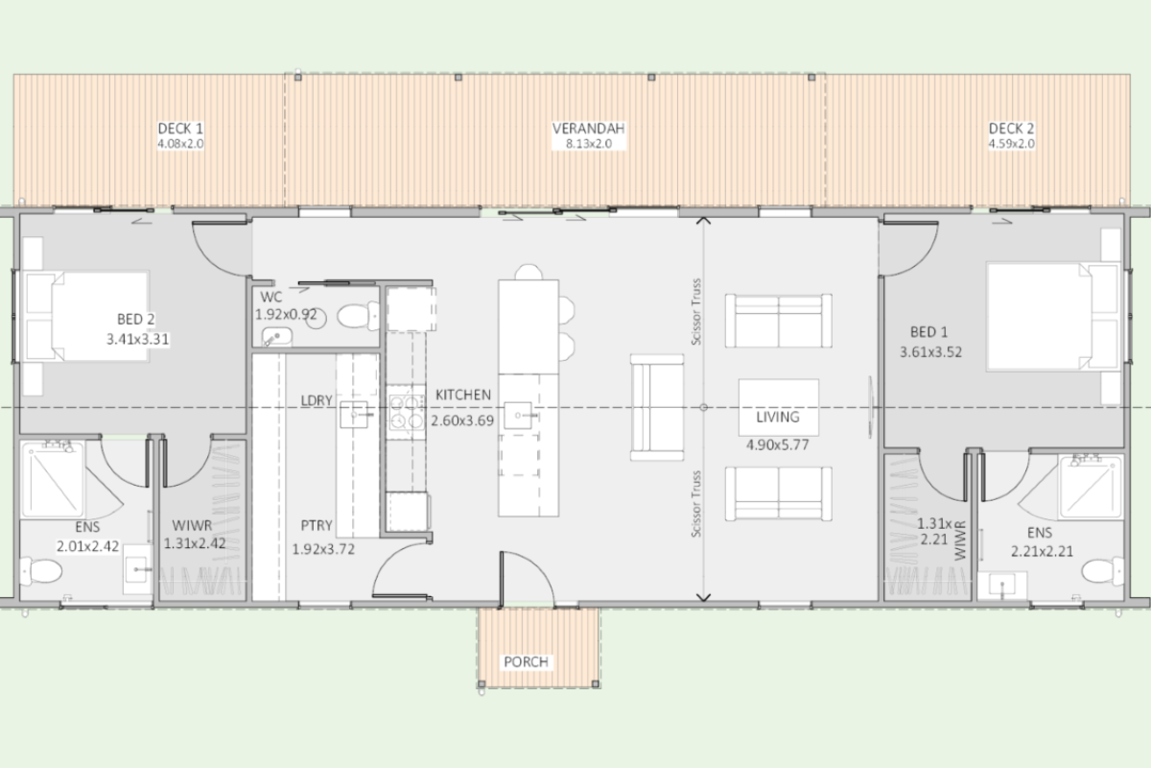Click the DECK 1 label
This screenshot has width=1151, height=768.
[x=180, y=129]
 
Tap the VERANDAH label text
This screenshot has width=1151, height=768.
[x=588, y=129]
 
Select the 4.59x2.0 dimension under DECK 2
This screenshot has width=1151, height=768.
[x=1011, y=143]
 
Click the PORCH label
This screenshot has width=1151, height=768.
[x=526, y=662]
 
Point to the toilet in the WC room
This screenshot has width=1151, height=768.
[x=358, y=315]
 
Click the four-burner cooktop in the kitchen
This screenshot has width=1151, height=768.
[x=406, y=412]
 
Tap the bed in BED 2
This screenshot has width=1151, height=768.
[x=87, y=317]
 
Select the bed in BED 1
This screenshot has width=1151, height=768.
[x=1052, y=317]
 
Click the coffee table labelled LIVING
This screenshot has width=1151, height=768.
[x=779, y=407]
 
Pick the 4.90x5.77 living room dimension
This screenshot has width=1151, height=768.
[x=778, y=444]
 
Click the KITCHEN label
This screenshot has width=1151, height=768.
[x=463, y=396]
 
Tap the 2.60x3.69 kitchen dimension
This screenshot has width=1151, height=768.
[x=462, y=420]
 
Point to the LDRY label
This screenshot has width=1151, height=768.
[x=317, y=400]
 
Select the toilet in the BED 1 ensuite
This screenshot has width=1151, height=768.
[x=1103, y=571]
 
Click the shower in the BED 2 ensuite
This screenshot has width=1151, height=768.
[x=53, y=479]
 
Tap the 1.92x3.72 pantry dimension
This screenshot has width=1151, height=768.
[x=323, y=549]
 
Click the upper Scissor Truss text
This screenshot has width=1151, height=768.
[x=696, y=312]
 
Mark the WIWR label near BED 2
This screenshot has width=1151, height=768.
[x=192, y=526]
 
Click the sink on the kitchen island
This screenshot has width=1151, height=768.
[x=518, y=415]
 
